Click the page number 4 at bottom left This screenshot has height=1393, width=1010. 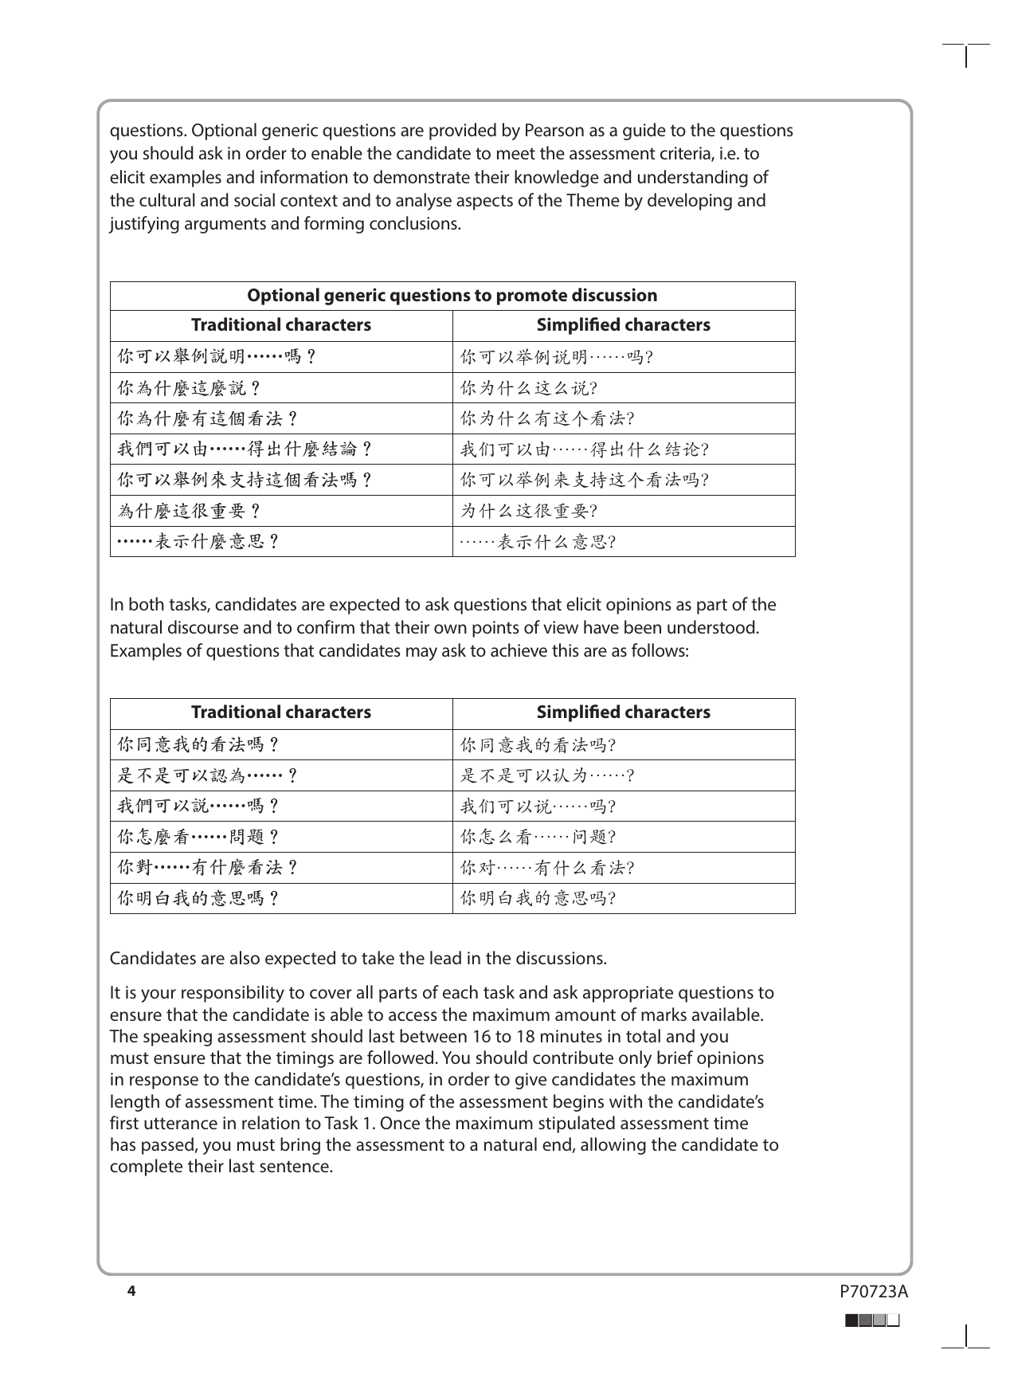pos(131,1291)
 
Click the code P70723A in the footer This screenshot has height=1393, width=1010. pos(873,1292)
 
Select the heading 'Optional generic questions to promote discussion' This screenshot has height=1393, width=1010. pos(452,296)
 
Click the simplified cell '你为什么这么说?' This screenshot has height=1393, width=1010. pos(530,388)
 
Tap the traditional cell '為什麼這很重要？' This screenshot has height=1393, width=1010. pos(190,511)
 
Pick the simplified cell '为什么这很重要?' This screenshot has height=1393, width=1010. pos(530,511)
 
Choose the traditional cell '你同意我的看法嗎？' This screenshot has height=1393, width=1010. pos(198,745)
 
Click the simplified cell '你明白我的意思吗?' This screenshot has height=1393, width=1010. pos(538,899)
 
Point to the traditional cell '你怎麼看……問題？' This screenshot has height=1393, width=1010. pos(198,838)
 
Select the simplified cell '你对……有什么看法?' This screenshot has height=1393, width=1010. pos(547,868)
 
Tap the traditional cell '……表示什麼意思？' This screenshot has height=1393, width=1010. pos(198,542)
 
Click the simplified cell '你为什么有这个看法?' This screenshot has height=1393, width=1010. pos(547,419)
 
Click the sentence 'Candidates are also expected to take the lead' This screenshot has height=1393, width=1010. pos(358,959)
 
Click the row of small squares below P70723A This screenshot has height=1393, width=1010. pos(873,1320)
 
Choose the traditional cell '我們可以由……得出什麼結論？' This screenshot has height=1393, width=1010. pos(245,449)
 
